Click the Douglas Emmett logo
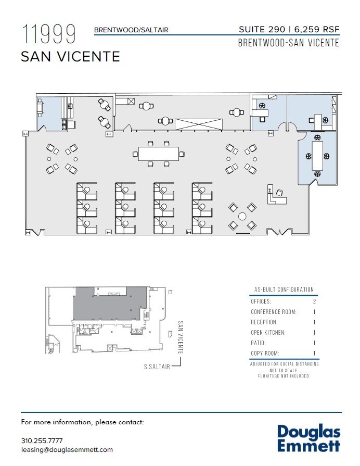click(308, 438)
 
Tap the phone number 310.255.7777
click(42, 440)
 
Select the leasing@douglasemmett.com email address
click(67, 450)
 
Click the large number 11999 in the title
click(49, 34)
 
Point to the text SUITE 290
click(262, 29)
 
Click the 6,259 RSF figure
click(317, 29)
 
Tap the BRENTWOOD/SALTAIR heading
click(131, 30)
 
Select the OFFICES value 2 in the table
click(314, 301)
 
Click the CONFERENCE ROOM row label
click(274, 312)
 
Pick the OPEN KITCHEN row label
click(268, 333)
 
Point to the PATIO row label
click(258, 343)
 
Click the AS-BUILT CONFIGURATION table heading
click(284, 289)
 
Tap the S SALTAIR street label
click(157, 367)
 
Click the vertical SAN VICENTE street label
click(181, 337)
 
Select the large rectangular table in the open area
click(159, 154)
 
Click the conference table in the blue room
click(317, 156)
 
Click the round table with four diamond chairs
click(242, 216)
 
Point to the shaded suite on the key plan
click(110, 304)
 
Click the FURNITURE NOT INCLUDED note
click(284, 376)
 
